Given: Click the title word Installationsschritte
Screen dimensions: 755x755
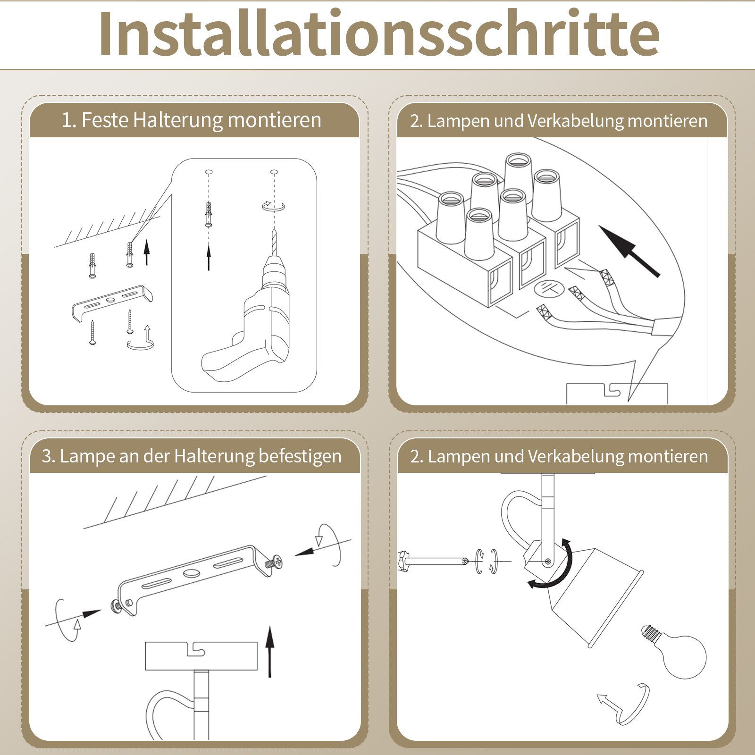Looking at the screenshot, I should (x=378, y=34).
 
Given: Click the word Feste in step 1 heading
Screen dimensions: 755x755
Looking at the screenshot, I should (x=105, y=120).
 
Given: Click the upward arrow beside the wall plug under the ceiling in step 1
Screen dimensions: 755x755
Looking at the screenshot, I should (x=147, y=252).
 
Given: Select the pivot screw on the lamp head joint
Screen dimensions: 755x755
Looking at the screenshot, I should (x=547, y=561).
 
